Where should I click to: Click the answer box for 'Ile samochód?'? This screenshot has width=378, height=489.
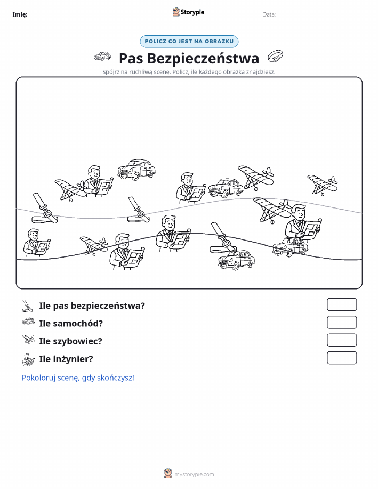point(342,322)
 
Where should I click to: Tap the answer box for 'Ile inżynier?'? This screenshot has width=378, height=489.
point(342,358)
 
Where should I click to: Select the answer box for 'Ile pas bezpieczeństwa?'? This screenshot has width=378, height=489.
point(342,304)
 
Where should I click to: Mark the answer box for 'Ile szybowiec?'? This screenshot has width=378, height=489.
point(342,340)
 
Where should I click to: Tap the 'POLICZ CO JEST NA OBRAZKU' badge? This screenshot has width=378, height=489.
point(189,41)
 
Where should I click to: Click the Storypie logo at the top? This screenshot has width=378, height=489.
point(188,12)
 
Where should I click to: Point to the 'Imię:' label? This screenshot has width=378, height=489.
point(20,14)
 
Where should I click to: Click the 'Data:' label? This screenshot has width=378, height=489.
point(269,14)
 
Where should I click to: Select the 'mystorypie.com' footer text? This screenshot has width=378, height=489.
point(194,474)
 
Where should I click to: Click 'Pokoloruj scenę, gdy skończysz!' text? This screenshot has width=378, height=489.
point(78,378)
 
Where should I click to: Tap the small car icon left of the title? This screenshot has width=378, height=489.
point(102,57)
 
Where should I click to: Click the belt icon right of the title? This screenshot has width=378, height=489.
point(276,57)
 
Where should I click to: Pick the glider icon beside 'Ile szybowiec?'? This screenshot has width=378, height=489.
point(29,340)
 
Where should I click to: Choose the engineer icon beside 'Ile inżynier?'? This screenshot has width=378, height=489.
point(28,359)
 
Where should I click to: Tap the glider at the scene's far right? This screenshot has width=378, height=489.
point(323,185)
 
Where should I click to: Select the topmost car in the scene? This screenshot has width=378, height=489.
point(136,170)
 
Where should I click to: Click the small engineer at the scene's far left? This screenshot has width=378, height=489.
point(36,243)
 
